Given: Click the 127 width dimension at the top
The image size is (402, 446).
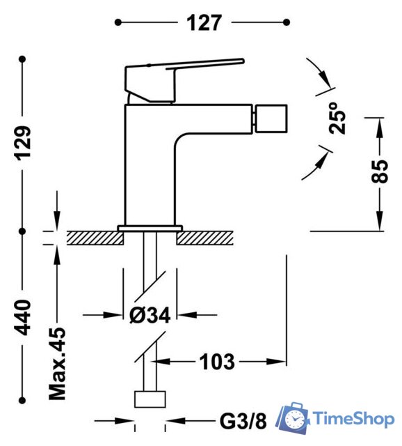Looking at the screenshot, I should tap(202, 22).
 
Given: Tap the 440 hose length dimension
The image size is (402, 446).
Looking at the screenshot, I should tap(24, 316).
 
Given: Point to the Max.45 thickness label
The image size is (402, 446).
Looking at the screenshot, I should tap(58, 364).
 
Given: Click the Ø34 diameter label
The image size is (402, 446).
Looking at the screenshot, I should tap(150, 315).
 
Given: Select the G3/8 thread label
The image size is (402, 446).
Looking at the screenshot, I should tap(243, 421).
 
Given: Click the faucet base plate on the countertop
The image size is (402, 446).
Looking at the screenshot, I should tap(150, 228).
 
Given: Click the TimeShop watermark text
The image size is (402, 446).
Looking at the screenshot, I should tap(354, 418).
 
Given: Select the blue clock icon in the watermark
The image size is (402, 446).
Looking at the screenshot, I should tap(294, 420).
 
